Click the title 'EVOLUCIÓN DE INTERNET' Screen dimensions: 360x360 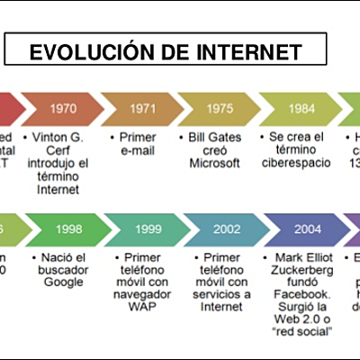tap(166, 53)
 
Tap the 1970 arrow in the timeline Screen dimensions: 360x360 tap(63, 108)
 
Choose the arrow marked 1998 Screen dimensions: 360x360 tap(69, 229)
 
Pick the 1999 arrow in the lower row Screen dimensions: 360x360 tap(147, 229)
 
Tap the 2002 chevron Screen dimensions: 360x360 tap(226, 229)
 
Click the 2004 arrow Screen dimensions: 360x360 tap(307, 229)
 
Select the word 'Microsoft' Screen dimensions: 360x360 tap(214, 163)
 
